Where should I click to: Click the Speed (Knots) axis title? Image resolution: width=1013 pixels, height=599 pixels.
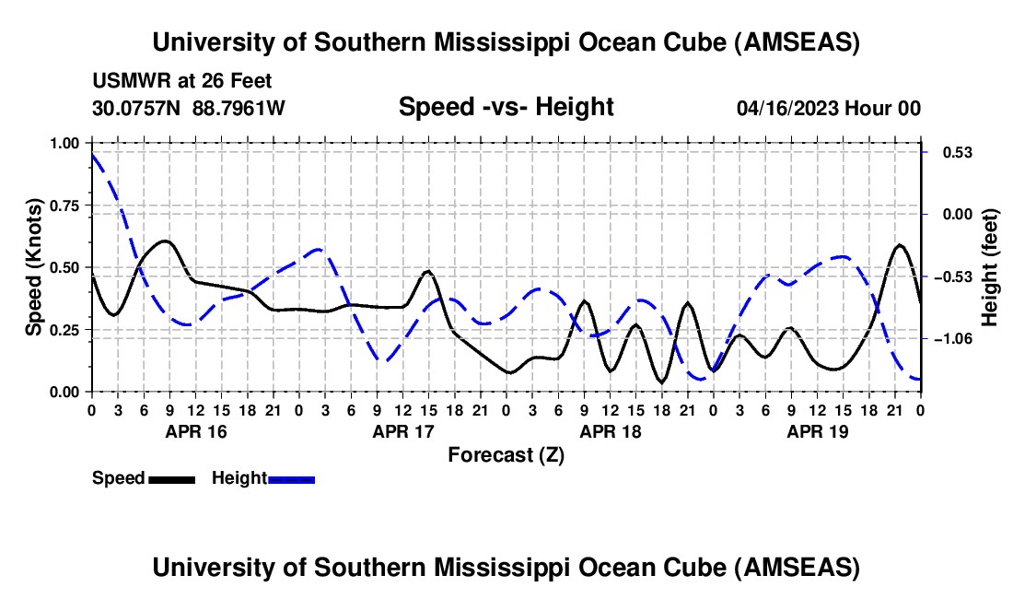(x=34, y=267)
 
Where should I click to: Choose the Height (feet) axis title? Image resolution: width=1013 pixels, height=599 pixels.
(x=990, y=267)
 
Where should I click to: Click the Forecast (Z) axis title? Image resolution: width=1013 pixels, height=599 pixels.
(x=506, y=454)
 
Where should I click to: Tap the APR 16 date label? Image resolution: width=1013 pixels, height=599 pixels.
(x=194, y=431)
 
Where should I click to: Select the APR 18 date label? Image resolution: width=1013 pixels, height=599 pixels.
(x=610, y=431)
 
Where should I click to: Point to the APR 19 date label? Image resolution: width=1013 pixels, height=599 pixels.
(x=817, y=431)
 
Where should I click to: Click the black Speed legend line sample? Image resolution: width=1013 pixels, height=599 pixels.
(x=170, y=478)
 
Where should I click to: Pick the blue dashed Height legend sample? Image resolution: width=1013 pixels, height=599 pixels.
(x=291, y=478)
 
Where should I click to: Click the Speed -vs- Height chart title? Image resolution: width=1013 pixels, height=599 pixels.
(x=506, y=107)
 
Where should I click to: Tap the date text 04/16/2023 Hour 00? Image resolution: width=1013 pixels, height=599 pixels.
(x=829, y=108)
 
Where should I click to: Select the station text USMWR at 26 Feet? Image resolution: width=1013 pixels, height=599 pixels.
(x=182, y=82)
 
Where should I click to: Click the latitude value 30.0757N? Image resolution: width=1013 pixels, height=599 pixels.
(x=137, y=108)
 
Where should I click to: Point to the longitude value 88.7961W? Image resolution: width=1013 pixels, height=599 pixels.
(x=239, y=108)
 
